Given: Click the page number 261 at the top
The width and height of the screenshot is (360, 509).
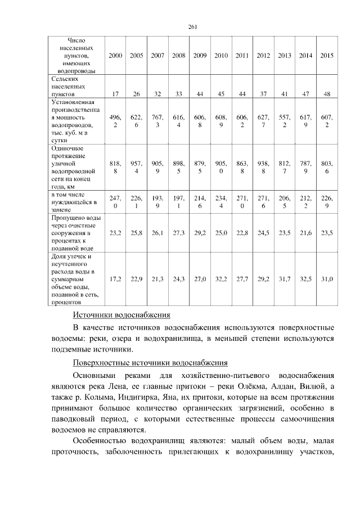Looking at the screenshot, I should tap(192, 26).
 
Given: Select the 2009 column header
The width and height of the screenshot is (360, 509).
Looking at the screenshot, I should tap(200, 56).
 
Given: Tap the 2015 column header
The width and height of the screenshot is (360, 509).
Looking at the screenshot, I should tap(327, 56).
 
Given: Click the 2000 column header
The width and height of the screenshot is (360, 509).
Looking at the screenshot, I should tap(115, 56).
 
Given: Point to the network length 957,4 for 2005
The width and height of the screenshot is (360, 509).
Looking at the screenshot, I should tap(136, 167).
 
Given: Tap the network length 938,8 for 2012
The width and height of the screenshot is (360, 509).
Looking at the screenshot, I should tap(263, 167).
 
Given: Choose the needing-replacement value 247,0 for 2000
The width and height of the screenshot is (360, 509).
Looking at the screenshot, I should tap(115, 202).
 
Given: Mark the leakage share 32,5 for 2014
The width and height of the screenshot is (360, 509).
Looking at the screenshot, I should tap(305, 278).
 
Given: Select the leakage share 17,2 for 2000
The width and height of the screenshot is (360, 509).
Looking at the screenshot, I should tap(115, 278).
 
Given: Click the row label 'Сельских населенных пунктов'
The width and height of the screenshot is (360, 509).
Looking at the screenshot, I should tap(70, 87).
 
